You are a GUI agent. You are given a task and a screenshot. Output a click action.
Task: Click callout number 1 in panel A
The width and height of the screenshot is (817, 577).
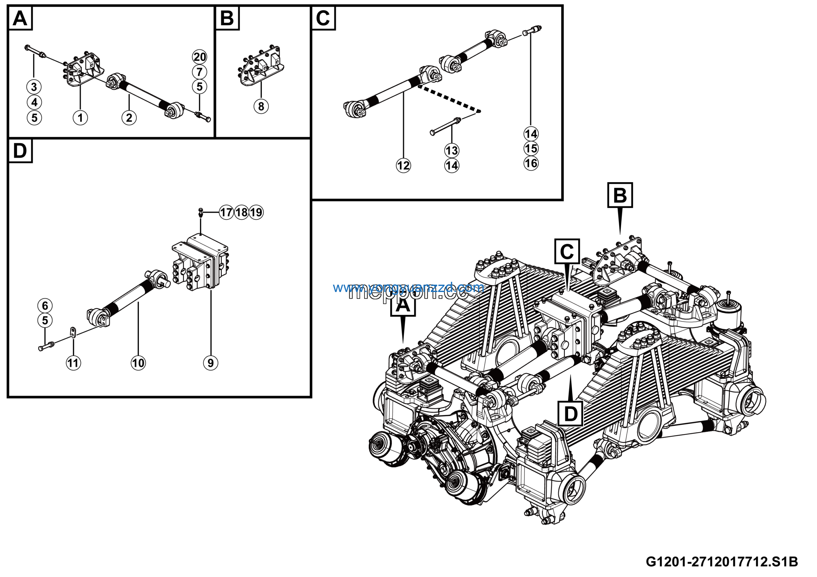[80, 118]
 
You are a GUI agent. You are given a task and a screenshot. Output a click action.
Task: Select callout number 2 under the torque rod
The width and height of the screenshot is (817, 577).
[129, 118]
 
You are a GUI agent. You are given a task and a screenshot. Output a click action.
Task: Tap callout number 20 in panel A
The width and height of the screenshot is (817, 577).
[200, 57]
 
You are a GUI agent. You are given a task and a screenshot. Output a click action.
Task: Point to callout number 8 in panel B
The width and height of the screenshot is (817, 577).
[261, 106]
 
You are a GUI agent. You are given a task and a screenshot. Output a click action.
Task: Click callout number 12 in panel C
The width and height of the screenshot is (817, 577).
[403, 166]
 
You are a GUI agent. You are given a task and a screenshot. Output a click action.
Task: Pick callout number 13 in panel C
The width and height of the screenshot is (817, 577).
[452, 151]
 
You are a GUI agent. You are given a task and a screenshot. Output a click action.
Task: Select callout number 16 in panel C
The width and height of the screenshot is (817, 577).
[531, 164]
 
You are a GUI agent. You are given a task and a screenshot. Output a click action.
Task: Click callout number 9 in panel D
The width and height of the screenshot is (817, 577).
[210, 363]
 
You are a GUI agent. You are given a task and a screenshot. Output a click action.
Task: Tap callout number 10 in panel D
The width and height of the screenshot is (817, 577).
[138, 363]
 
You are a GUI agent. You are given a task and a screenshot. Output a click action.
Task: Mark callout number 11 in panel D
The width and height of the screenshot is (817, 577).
[73, 363]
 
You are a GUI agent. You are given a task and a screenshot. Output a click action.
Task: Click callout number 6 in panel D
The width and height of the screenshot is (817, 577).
[45, 306]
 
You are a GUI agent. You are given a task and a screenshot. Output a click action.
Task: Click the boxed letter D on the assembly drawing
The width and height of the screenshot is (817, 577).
[570, 414]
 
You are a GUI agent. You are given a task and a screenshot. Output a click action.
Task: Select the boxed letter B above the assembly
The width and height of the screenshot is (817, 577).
[620, 195]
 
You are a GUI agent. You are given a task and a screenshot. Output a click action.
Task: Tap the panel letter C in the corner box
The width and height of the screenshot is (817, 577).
[323, 18]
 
